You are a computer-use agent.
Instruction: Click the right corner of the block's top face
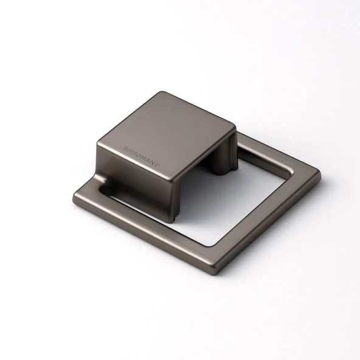coord(234,128)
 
